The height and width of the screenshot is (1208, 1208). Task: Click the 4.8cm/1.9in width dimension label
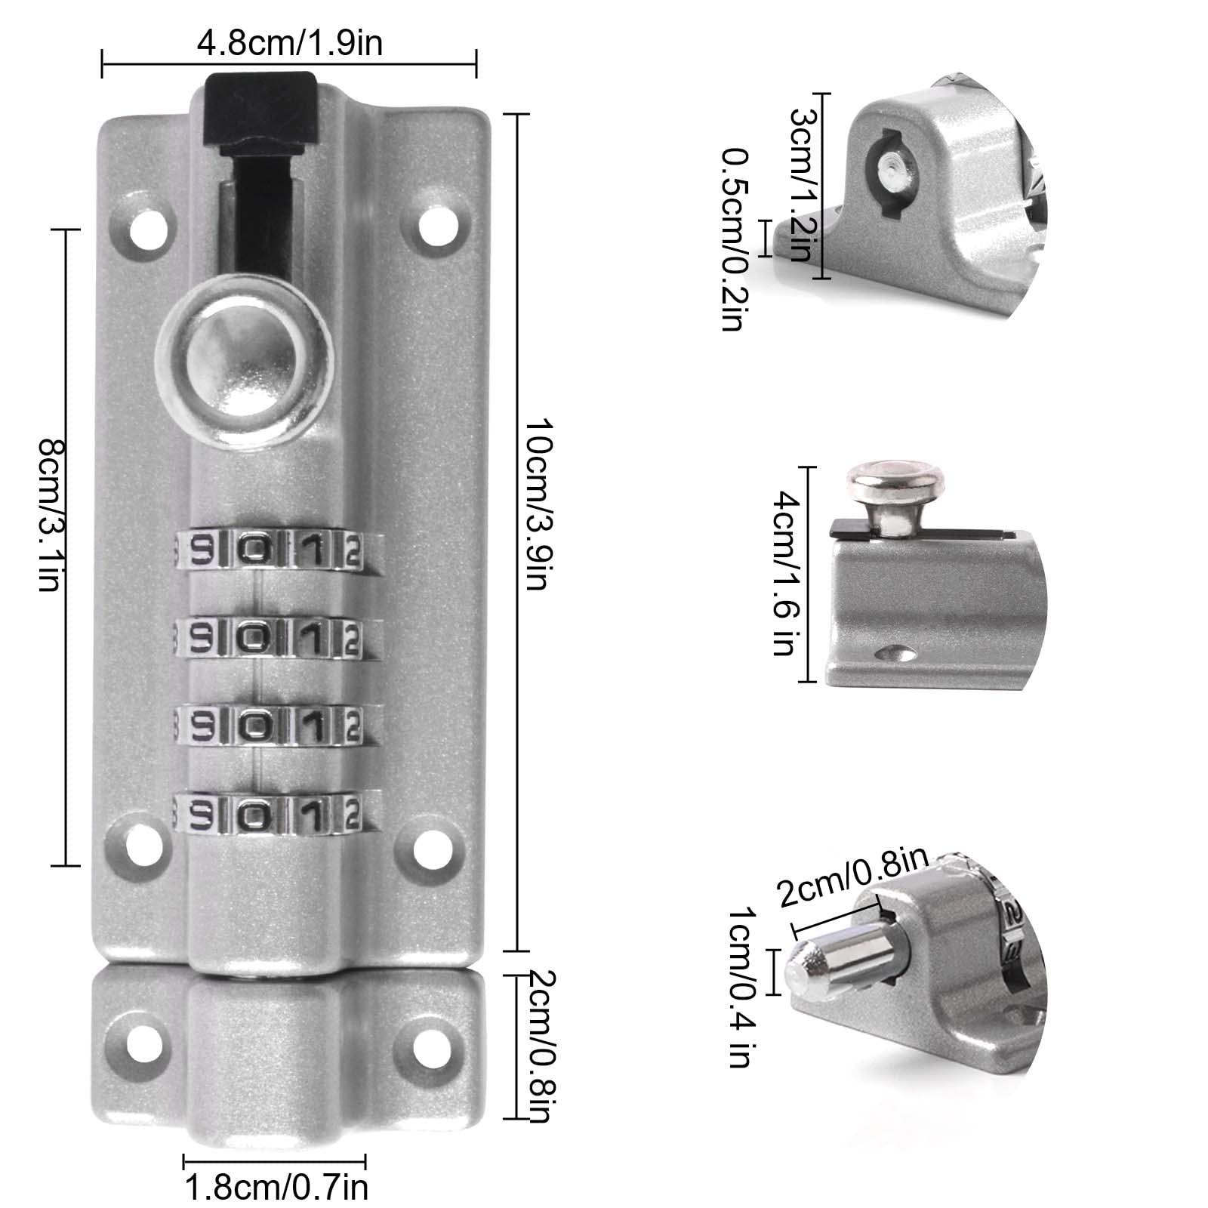(x=290, y=43)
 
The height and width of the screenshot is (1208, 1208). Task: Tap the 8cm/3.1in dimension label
(x=53, y=516)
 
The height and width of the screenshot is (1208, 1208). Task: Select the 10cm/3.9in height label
(x=538, y=505)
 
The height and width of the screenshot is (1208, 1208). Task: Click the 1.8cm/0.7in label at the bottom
(x=276, y=1188)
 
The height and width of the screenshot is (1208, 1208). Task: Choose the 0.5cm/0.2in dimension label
(x=735, y=239)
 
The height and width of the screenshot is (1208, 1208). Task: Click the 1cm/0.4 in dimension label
(x=739, y=988)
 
